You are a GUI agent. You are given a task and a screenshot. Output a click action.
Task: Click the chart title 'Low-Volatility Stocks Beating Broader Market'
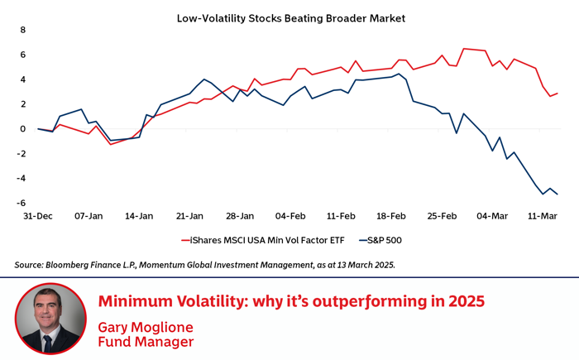290,17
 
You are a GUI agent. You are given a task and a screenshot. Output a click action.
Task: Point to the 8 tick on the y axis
23,31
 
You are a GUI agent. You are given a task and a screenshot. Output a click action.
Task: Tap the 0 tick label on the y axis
23,129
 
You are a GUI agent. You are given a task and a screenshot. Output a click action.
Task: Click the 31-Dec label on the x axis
38,216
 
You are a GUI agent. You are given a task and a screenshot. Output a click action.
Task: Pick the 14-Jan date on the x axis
139,216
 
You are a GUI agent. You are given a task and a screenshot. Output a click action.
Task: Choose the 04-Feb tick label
290,216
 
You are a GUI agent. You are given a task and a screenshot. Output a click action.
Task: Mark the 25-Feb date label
442,216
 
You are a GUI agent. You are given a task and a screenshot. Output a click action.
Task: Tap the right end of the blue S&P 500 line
557,194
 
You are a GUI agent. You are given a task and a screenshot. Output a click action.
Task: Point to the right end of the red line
557,94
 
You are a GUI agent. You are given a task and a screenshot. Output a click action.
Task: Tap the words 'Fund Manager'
146,341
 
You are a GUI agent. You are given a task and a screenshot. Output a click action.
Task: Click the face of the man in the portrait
50,310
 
